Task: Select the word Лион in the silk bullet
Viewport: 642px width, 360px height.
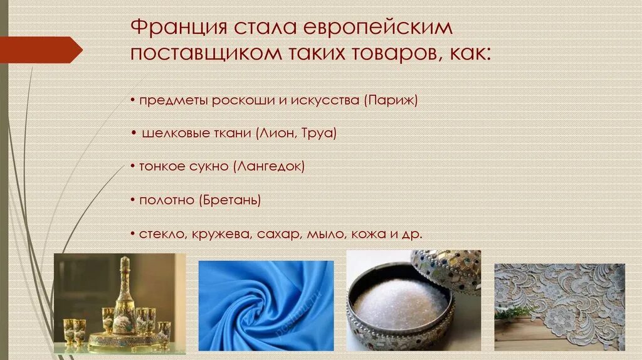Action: click(277, 133)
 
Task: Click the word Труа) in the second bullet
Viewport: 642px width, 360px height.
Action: click(319, 133)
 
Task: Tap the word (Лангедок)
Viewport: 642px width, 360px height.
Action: click(269, 167)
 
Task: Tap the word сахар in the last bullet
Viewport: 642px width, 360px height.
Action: click(280, 234)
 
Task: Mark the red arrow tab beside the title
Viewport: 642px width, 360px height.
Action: click(41, 50)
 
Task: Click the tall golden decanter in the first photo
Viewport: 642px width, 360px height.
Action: click(124, 295)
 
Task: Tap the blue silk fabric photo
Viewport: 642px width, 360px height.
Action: click(266, 305)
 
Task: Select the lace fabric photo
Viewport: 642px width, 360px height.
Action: click(559, 306)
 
